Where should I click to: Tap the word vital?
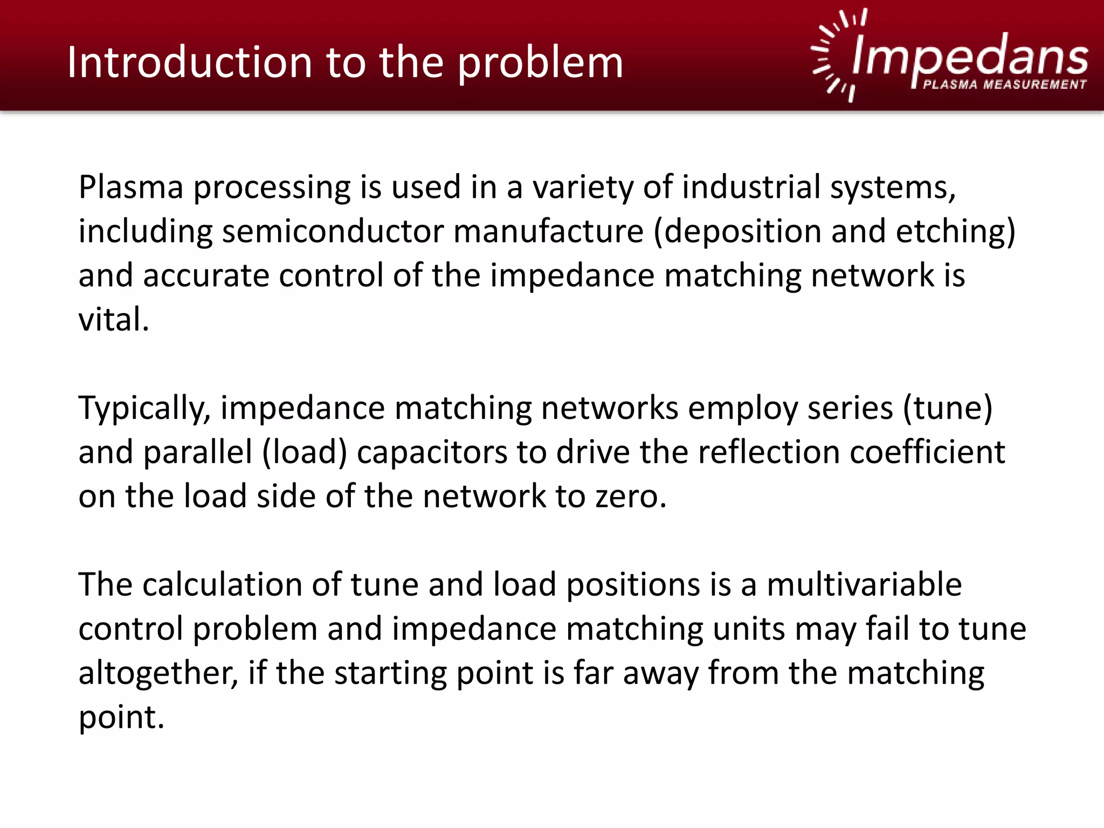pyautogui.click(x=113, y=320)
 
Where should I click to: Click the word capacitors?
pyautogui.click(x=431, y=452)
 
